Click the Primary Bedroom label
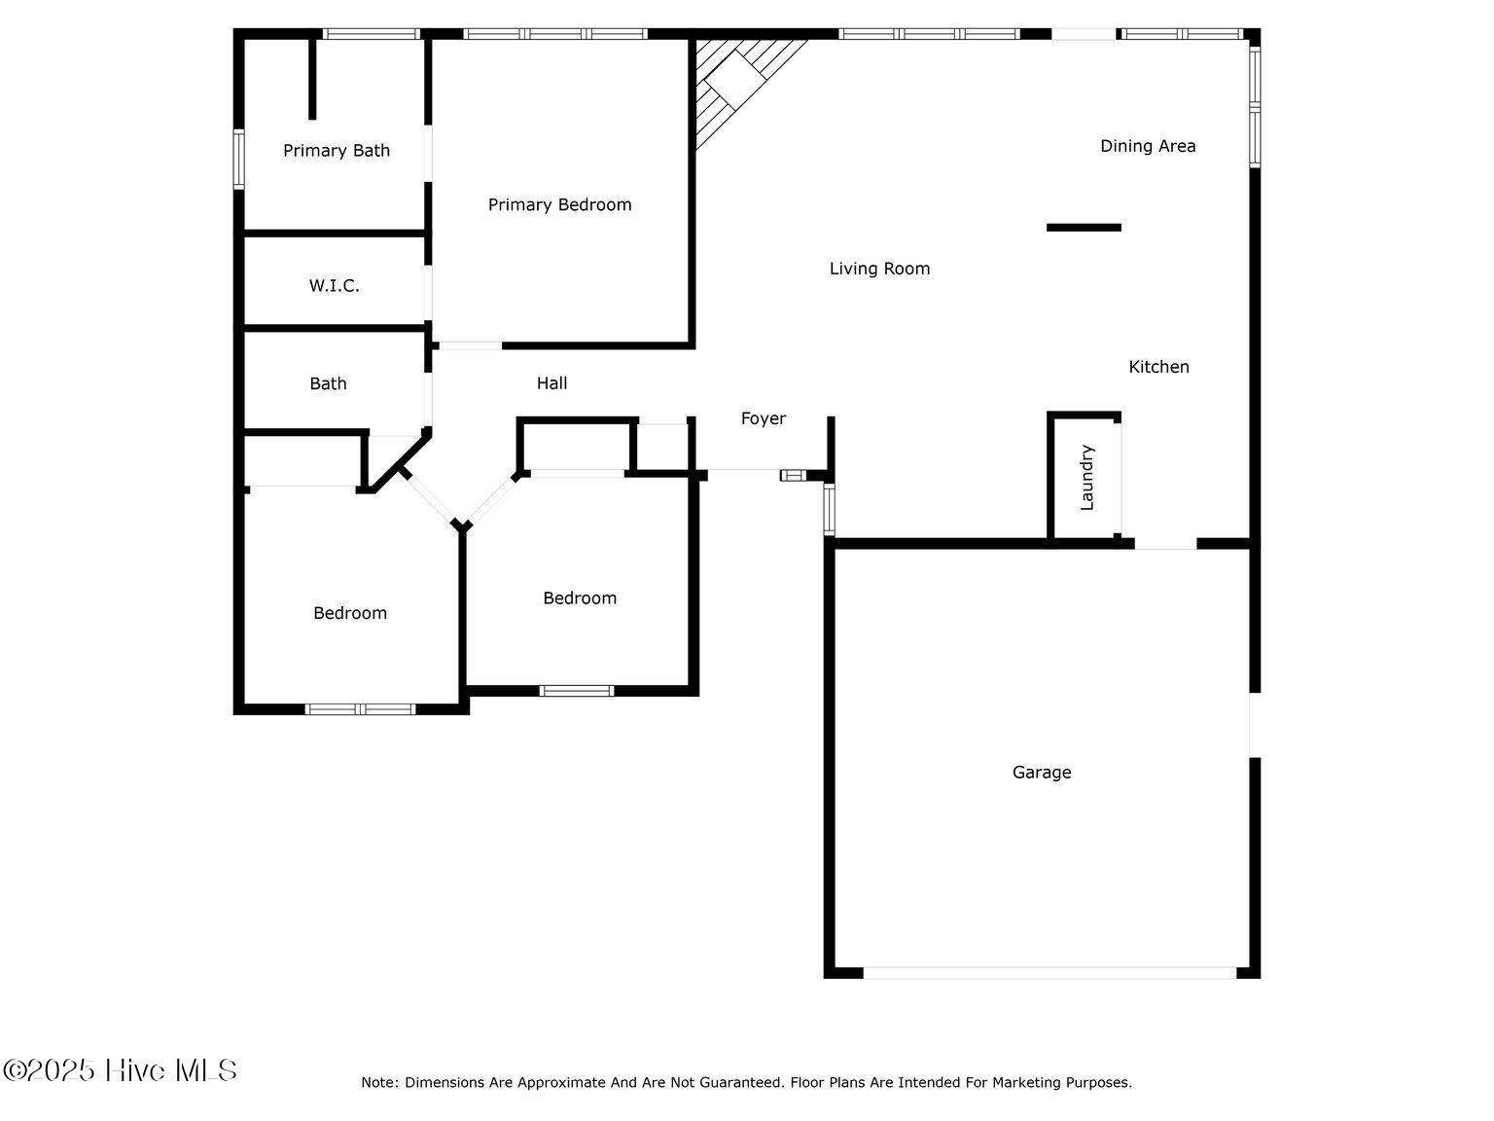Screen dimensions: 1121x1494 coord(559,204)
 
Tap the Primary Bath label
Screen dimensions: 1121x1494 coord(337,151)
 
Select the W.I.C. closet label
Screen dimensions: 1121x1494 coord(334,286)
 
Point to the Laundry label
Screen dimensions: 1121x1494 coord(1087,478)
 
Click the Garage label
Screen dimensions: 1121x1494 coord(1042,773)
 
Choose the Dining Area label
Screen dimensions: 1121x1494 coord(1148,146)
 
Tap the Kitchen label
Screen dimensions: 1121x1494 coord(1158,367)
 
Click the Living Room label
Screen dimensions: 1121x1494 coord(879,269)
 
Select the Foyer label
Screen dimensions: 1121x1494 coord(764,418)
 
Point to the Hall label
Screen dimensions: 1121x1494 coord(551,383)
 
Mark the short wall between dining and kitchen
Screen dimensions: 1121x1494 coord(1084,228)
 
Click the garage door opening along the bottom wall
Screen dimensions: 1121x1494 coord(1049,972)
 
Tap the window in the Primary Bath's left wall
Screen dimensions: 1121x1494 coord(238,159)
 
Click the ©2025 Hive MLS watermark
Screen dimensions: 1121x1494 coord(120,1070)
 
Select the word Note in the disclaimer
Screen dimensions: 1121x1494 coord(377,1082)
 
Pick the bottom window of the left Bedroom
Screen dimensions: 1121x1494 coord(361,708)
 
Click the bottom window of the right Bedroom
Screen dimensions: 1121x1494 coord(577,691)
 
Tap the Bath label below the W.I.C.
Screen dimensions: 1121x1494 coord(328,384)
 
